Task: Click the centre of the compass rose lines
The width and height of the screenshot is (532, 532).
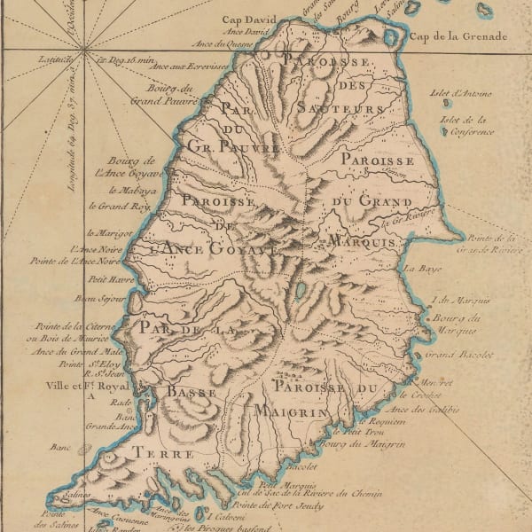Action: [83, 48]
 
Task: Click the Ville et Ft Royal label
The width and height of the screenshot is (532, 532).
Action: [85, 386]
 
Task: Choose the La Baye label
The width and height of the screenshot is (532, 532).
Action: [410, 267]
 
